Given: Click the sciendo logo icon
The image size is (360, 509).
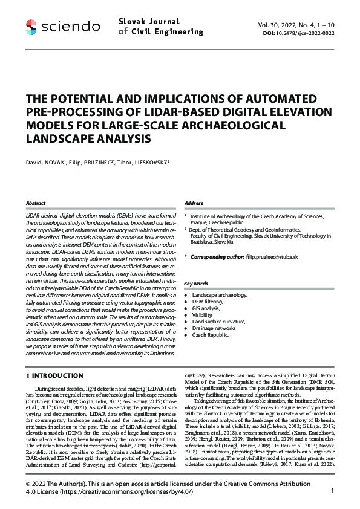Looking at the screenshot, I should click(31, 26).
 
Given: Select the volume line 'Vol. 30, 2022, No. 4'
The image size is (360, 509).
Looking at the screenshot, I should click(289, 24).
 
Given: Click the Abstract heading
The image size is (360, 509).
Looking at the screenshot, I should click(36, 203).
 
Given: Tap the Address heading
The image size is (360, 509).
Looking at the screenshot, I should click(193, 203).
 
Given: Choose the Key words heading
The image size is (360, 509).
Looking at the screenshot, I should click(195, 283).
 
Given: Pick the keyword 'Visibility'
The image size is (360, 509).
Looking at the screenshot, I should click(203, 314).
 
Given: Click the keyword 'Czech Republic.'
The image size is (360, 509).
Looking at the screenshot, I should click(210, 334).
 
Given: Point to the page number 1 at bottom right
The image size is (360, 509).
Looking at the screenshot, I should click(333, 475).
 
